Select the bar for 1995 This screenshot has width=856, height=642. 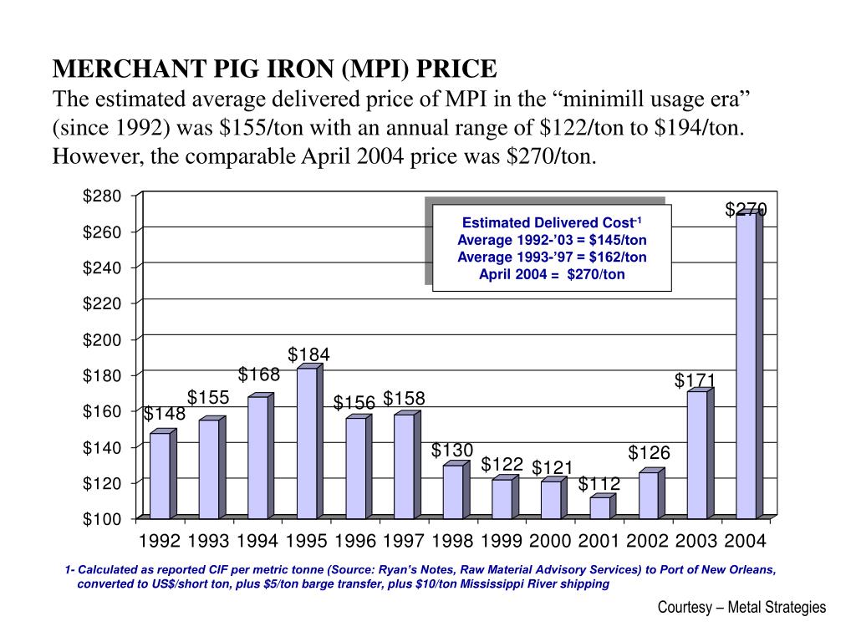tap(307, 443)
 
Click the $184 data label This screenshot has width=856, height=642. tap(309, 355)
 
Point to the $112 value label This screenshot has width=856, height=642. tap(599, 484)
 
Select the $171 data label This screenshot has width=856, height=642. tap(695, 381)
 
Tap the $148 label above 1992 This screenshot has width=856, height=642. tap(164, 415)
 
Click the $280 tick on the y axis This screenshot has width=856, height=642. tap(102, 196)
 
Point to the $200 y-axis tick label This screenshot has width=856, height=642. tap(102, 339)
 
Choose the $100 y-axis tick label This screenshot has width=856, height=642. tap(102, 519)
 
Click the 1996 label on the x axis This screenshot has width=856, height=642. tap(355, 541)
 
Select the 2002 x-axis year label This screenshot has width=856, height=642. tap(647, 541)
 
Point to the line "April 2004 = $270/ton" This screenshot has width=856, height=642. tap(552, 274)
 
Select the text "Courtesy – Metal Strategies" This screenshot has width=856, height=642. tap(741, 608)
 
